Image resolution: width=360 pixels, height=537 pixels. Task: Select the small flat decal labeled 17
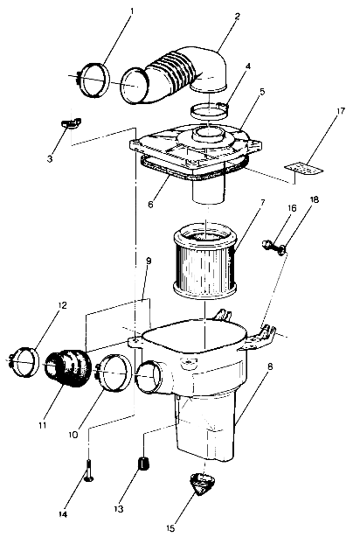(x=301, y=168)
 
